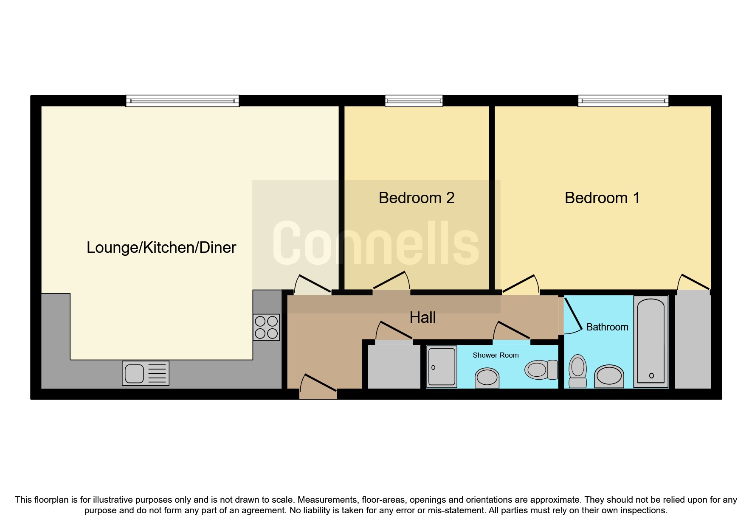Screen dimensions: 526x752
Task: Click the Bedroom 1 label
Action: pos(602,198)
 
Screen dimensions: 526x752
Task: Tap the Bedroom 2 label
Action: pos(416,198)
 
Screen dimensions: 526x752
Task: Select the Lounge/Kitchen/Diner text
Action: pos(161,248)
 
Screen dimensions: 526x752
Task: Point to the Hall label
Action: pos(422,318)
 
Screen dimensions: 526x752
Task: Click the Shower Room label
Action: pos(496,355)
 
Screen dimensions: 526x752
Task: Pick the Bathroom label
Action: pos(607,327)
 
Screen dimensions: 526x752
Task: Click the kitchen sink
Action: pos(145,373)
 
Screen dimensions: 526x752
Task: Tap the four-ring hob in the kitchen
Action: pos(266,327)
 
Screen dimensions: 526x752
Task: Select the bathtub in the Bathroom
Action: pos(651,341)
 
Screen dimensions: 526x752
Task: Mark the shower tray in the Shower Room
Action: pos(442,367)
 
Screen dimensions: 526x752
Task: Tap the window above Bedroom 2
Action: pos(414,101)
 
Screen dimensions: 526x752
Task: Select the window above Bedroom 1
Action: pos(623,101)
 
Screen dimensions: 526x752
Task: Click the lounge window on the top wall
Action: pos(182,101)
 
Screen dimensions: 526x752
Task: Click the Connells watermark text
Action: pos(375,244)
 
